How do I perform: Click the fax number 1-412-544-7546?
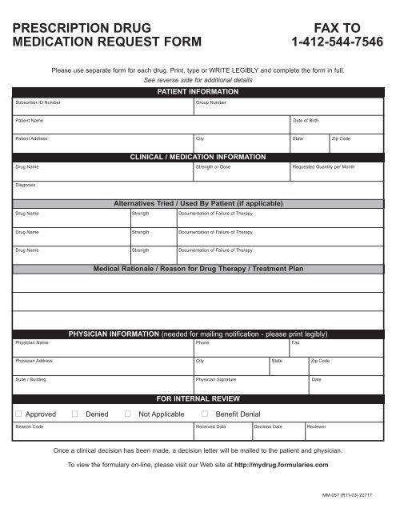[x=340, y=42]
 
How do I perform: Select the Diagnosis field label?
[x=25, y=186]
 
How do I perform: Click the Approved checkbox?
[x=18, y=414]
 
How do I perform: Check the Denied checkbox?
[x=74, y=414]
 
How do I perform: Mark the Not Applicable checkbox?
[x=129, y=414]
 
